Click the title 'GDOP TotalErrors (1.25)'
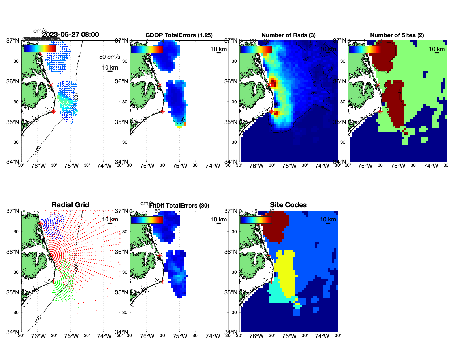click(x=179, y=35)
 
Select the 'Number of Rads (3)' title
click(x=288, y=35)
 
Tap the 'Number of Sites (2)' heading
click(x=397, y=35)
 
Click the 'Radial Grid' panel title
click(x=70, y=205)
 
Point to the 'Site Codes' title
click(x=288, y=205)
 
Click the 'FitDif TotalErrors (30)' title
click(x=179, y=206)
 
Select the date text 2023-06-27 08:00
click(x=71, y=35)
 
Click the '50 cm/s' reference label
click(x=109, y=57)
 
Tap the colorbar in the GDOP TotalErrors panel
click(x=147, y=49)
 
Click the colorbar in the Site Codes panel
click(x=256, y=220)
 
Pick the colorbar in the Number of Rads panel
click(x=256, y=49)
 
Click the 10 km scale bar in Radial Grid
click(x=110, y=223)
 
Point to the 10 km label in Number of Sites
click(x=437, y=49)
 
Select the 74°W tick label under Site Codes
click(x=322, y=336)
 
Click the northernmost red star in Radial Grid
click(x=40, y=224)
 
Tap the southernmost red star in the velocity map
click(x=53, y=111)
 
